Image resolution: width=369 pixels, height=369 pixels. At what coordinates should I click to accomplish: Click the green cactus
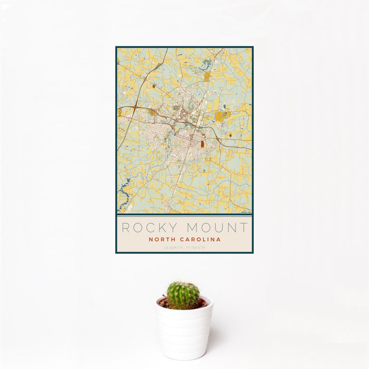tap(183, 295)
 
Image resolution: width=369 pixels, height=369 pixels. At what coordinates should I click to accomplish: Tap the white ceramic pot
tap(184, 329)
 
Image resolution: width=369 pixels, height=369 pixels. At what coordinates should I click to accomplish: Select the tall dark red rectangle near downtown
tap(202, 143)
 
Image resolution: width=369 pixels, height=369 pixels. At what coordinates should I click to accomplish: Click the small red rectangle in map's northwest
tap(154, 86)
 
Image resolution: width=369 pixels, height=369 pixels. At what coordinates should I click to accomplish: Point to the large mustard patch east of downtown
tap(219, 116)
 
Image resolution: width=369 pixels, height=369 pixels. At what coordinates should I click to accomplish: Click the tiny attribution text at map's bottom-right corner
tap(246, 212)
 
